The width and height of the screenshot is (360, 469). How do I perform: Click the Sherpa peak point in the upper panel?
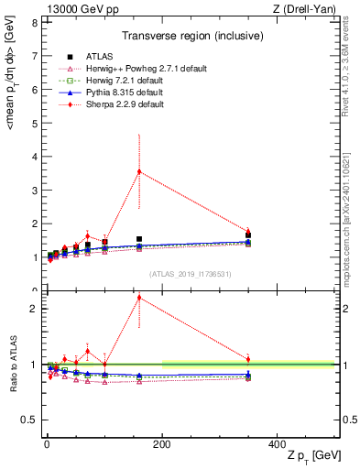pos(139,171)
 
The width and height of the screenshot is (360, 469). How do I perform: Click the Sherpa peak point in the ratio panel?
pos(139,297)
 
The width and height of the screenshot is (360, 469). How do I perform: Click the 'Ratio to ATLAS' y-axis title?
pos(12,364)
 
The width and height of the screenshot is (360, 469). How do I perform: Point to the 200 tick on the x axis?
pos(162,442)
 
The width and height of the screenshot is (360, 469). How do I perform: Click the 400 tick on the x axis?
pos(278,442)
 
